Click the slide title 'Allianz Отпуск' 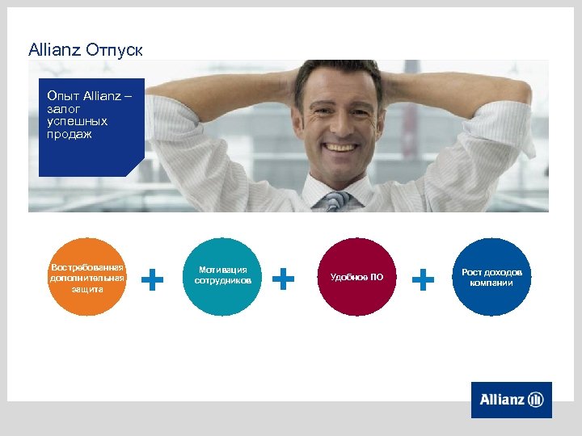click(85, 50)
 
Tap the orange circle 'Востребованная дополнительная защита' click(87, 277)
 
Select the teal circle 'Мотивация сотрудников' click(222, 277)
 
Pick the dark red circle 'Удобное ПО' click(356, 277)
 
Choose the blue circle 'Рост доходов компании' click(491, 277)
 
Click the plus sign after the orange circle click(153, 279)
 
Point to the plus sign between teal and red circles click(283, 279)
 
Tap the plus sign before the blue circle click(423, 279)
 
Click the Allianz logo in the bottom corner click(511, 400)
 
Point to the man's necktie click(336, 201)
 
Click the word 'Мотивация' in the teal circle click(223, 270)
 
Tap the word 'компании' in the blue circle click(491, 283)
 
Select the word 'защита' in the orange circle click(87, 288)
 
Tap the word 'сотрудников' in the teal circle click(223, 281)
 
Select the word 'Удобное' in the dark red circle click(349, 278)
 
